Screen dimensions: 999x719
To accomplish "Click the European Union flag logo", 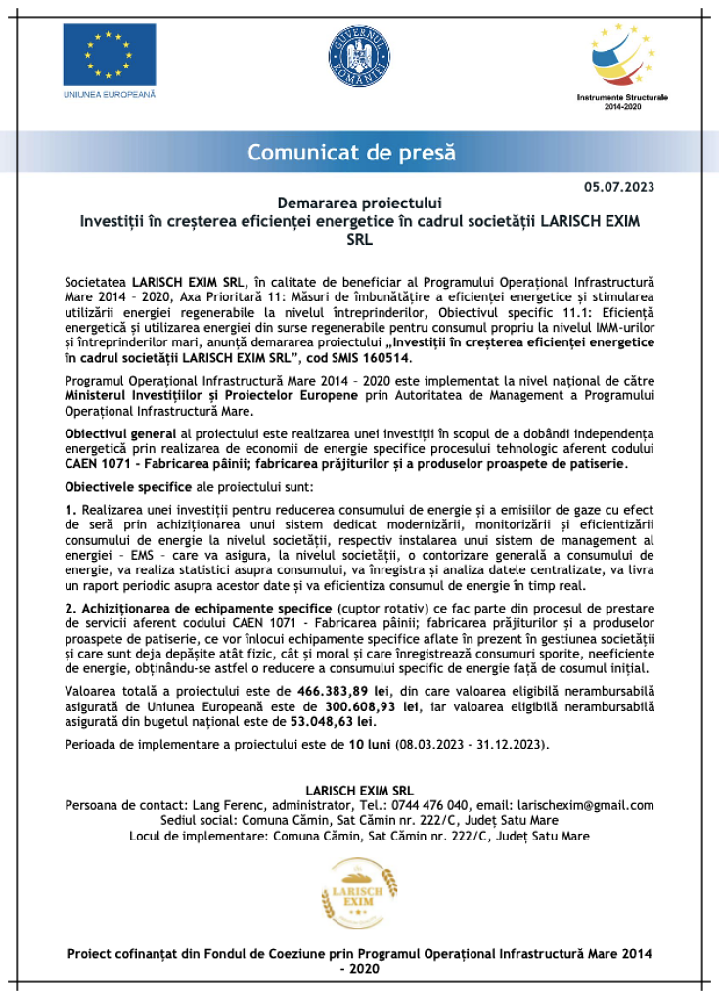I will tap(109, 55).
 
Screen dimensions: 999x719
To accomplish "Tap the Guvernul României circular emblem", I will tap(360, 55).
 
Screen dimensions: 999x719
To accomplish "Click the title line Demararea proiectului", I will tap(360, 204).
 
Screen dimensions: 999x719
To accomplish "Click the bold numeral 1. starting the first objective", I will tap(70, 510).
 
